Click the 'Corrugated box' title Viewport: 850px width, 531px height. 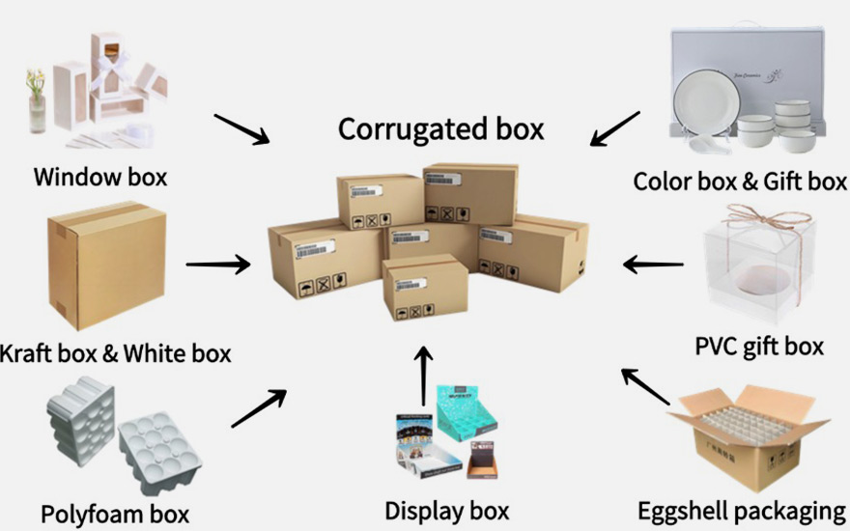tap(440, 128)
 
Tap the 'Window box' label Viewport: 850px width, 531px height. tap(100, 178)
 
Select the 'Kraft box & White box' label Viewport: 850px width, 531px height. tap(116, 353)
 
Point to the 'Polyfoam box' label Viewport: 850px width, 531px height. tap(115, 513)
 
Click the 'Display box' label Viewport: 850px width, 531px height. tap(446, 510)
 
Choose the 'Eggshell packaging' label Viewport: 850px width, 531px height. tap(741, 511)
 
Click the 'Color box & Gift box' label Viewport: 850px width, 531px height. tap(740, 181)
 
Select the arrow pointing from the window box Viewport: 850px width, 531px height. tap(241, 129)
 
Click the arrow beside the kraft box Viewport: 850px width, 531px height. tap(218, 263)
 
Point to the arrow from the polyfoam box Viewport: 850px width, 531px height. tap(259, 408)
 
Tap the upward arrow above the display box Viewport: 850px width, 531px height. tap(422, 377)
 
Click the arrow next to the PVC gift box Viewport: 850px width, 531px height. tap(653, 263)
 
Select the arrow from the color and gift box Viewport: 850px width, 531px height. tap(615, 128)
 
